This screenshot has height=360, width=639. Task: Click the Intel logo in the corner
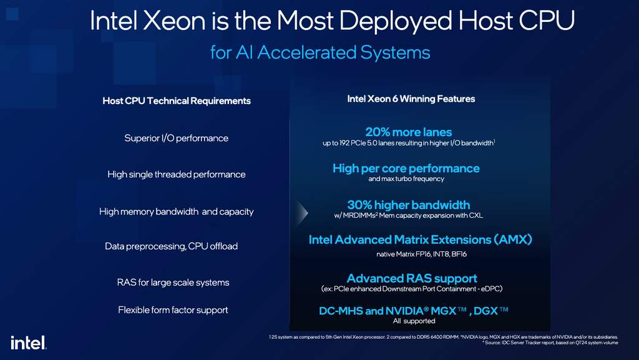pos(29,343)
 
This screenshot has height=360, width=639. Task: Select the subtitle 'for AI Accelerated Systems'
pos(320,52)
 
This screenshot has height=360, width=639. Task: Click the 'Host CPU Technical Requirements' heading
pos(177,101)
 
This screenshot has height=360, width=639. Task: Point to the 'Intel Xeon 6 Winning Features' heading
pos(411,99)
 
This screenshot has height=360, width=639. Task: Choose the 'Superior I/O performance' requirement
pos(176,138)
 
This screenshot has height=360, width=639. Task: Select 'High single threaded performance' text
pos(177,174)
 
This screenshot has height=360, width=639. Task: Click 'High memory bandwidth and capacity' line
pos(176,212)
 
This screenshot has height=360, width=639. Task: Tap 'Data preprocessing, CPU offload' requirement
pos(171,246)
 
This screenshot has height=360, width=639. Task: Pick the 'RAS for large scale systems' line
pos(173,282)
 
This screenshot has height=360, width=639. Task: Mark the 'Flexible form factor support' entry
pos(173,310)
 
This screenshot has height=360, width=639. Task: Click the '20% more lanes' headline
pos(408,132)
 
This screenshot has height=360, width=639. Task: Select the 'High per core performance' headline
pos(406,168)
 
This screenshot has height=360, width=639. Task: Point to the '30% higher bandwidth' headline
pos(408,205)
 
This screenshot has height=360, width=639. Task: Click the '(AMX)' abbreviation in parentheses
pos(513,240)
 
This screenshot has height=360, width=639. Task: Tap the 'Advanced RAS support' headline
pos(412,278)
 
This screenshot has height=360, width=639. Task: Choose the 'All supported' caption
pos(414,321)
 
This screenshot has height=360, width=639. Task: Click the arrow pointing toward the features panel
pos(302,213)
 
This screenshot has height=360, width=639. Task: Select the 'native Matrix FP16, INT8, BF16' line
pos(421,254)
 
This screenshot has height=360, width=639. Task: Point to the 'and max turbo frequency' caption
pos(406,179)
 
